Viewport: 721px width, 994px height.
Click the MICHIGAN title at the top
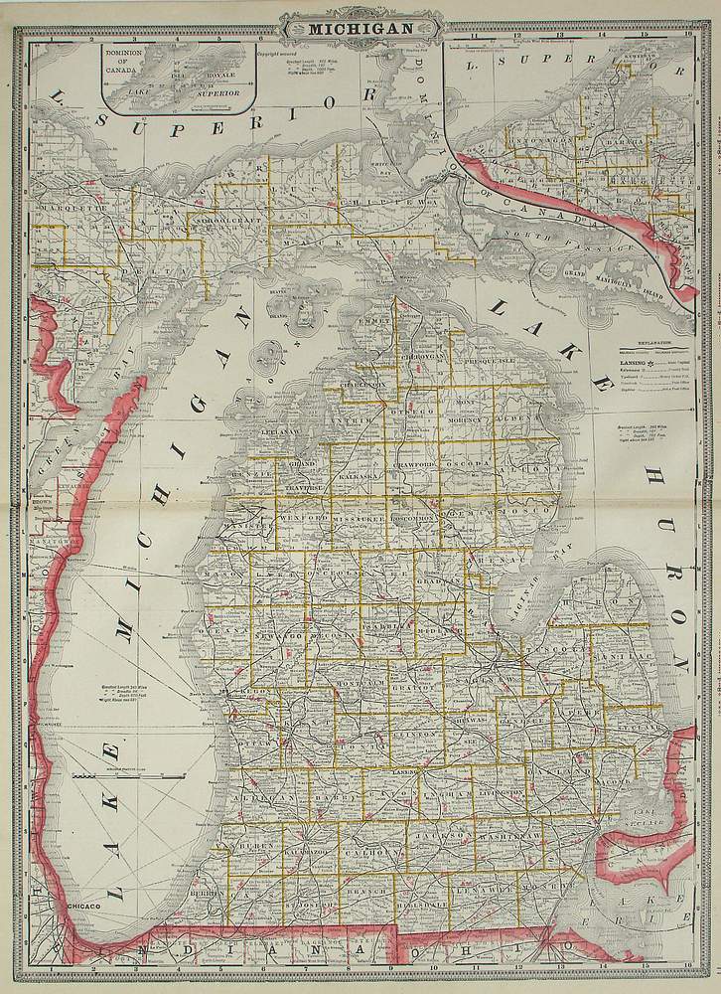pyautogui.click(x=360, y=28)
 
